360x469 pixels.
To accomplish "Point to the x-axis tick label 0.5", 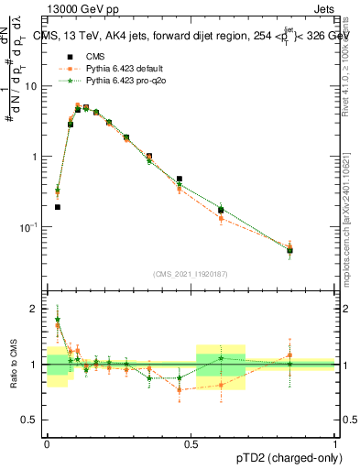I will click(191, 442).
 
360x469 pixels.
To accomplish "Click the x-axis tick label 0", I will click(47, 442).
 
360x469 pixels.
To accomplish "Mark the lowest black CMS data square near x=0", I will click(58, 207).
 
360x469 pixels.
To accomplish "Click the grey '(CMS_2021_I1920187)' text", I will click(191, 274).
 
